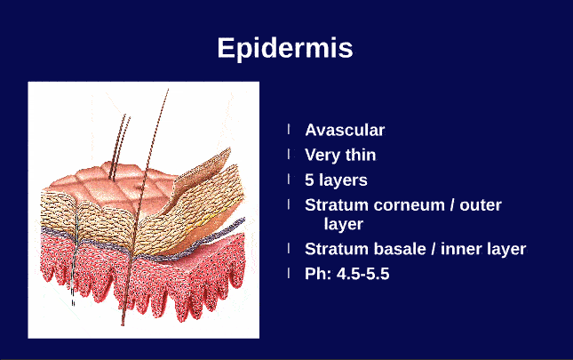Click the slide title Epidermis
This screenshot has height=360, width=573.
[285, 48]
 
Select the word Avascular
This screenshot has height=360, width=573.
[345, 131]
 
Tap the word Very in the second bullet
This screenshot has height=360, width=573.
[322, 156]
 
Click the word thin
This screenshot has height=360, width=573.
[359, 156]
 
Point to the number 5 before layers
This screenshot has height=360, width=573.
[310, 180]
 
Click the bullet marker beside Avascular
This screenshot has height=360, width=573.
[289, 130]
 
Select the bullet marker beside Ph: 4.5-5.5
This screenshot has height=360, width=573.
[289, 273]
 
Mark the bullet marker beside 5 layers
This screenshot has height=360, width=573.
[289, 180]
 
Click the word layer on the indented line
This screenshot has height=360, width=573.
[343, 225]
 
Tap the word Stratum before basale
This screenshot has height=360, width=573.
[334, 249]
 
